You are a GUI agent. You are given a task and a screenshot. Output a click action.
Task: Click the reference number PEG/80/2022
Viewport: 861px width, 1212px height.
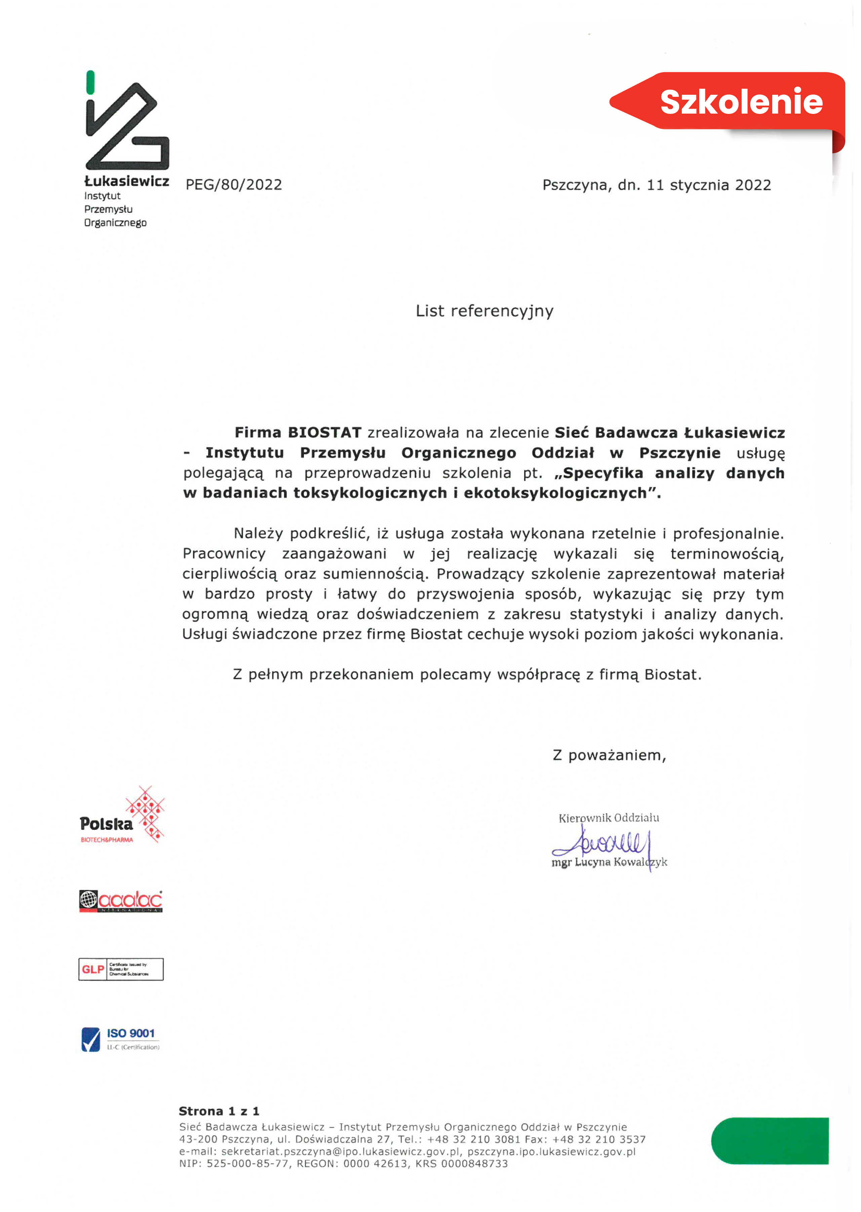pos(234,185)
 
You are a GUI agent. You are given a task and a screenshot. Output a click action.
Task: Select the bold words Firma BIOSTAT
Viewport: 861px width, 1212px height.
pos(298,433)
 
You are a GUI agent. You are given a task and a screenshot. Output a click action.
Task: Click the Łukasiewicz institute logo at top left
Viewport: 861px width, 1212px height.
pos(127,127)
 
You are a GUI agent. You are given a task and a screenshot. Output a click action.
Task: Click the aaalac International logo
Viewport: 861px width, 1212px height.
pos(121,901)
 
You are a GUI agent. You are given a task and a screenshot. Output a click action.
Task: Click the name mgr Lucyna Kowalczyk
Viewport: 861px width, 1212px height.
pos(609,862)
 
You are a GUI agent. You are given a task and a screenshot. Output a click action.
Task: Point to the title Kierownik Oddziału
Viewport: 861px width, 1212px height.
pos(609,818)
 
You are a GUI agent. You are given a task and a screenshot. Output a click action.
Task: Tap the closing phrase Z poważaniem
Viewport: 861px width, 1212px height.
pos(609,755)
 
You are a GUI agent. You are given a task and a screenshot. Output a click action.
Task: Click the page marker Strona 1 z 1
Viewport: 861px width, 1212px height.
pos(219,1111)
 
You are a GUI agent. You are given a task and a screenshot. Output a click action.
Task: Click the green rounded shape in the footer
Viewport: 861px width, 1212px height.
pos(770,1140)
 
